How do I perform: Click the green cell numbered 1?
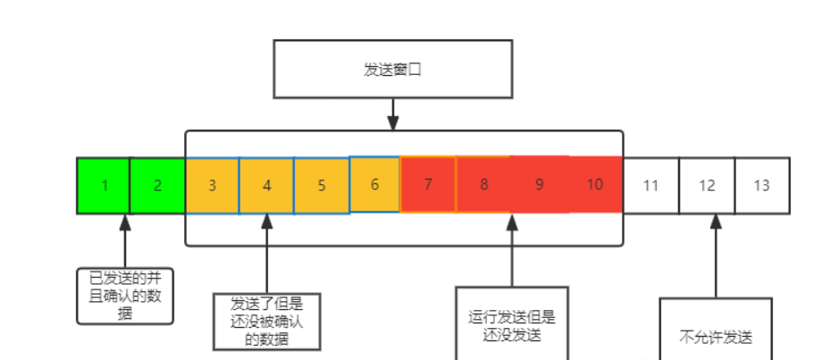(104, 186)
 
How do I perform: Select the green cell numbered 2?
(157, 186)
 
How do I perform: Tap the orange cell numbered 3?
(212, 186)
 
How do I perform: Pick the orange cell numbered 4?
(266, 186)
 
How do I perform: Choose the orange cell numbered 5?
(321, 186)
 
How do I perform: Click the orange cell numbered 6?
(374, 184)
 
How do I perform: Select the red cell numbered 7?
(428, 185)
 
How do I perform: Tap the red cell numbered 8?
(483, 185)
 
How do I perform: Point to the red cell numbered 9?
(539, 185)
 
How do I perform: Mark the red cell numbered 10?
(595, 185)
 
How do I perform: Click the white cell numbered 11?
(650, 186)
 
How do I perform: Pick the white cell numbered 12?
(707, 186)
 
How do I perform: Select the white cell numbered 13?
(762, 186)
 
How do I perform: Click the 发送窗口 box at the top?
(392, 68)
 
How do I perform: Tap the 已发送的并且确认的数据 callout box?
(124, 294)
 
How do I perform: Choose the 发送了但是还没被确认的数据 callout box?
(266, 320)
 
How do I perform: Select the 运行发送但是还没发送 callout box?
(512, 323)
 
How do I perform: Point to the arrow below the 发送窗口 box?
(392, 113)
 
